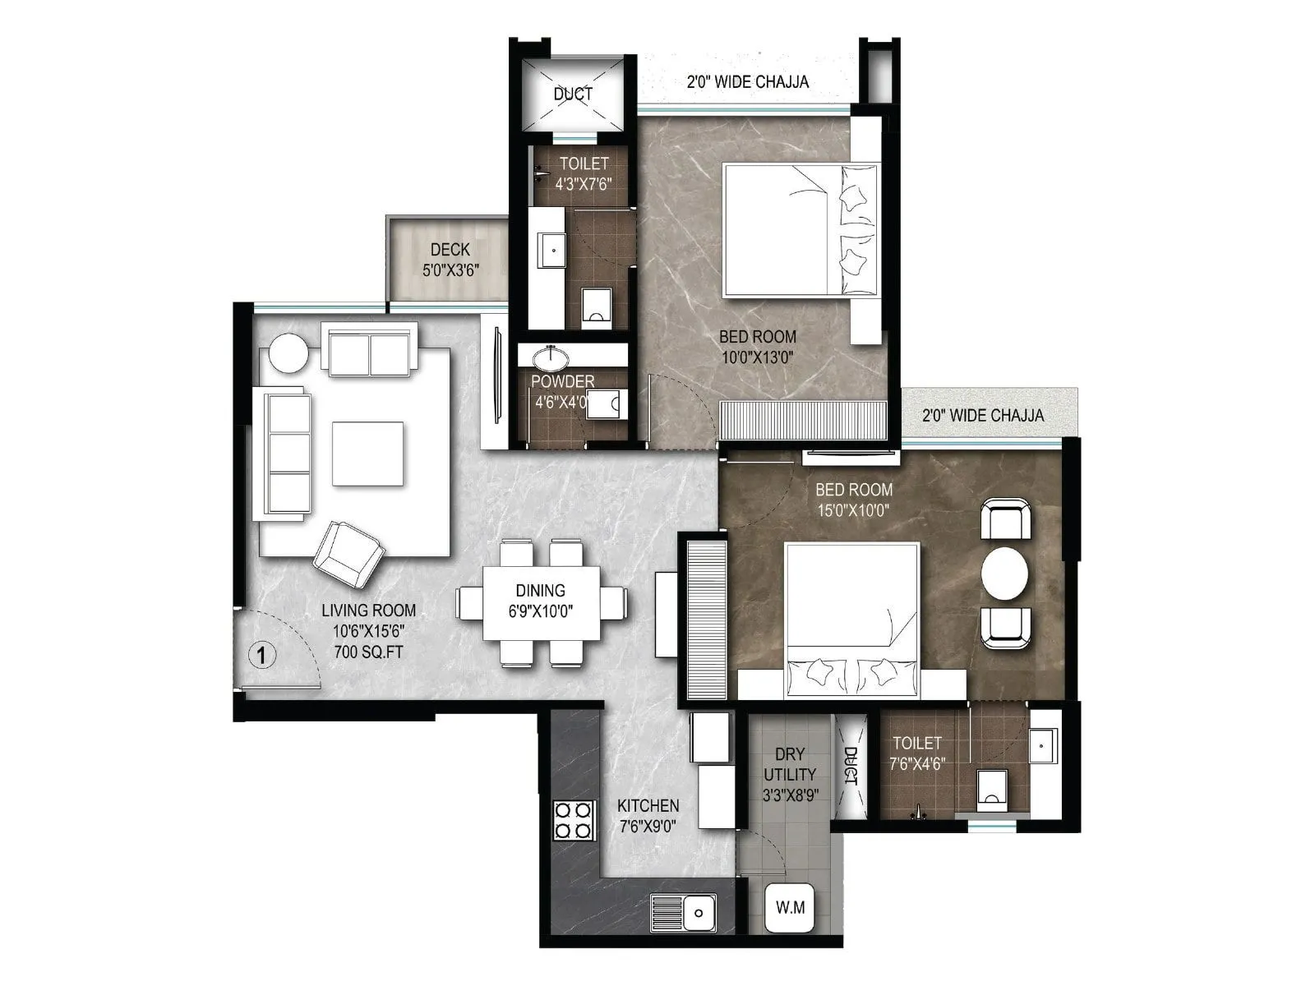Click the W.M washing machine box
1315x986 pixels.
click(x=790, y=908)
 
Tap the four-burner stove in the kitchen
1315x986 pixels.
click(x=574, y=819)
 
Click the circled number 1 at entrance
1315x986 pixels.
click(x=261, y=655)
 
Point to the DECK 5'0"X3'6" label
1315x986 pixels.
click(x=450, y=259)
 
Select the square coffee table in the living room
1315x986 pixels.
click(x=367, y=454)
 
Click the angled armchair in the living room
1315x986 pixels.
click(x=349, y=554)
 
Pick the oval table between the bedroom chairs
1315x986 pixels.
click(x=1005, y=574)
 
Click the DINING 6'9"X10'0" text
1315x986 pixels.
click(x=540, y=600)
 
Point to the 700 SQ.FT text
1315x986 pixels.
click(x=368, y=652)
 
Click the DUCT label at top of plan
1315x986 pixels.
click(x=572, y=94)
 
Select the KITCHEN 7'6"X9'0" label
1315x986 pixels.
click(x=648, y=815)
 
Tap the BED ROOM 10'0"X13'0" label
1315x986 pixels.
click(x=757, y=346)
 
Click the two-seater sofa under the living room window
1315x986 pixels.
click(x=369, y=352)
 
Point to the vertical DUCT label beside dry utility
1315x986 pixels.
click(x=851, y=766)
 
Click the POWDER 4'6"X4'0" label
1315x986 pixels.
click(x=562, y=391)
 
